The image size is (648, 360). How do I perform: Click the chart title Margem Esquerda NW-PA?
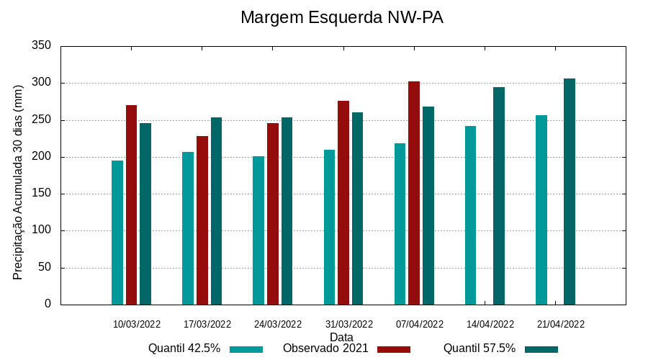click(x=341, y=17)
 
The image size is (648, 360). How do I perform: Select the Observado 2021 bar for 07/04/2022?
click(x=414, y=193)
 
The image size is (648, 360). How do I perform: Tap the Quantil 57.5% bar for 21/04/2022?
click(x=570, y=192)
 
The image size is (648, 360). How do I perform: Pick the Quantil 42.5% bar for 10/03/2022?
click(x=117, y=233)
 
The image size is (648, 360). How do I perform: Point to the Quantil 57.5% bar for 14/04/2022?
click(x=499, y=196)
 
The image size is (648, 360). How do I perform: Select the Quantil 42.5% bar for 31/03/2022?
click(x=330, y=227)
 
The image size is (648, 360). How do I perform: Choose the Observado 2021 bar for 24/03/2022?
click(x=273, y=214)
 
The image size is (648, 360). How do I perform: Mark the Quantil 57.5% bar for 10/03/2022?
click(x=145, y=214)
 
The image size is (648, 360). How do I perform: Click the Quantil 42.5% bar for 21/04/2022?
click(x=541, y=210)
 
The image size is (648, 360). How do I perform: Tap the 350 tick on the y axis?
click(x=42, y=46)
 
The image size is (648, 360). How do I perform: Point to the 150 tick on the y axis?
click(x=42, y=194)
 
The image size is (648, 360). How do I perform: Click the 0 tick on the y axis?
click(x=48, y=304)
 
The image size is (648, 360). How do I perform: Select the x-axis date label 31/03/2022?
click(x=348, y=324)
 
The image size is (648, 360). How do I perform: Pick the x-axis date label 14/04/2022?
click(x=490, y=324)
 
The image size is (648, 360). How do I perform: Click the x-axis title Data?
click(x=341, y=337)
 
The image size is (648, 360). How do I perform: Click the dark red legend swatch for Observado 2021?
click(x=393, y=349)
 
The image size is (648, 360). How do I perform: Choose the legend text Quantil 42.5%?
click(x=184, y=348)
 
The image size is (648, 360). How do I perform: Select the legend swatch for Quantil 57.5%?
click(x=541, y=349)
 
